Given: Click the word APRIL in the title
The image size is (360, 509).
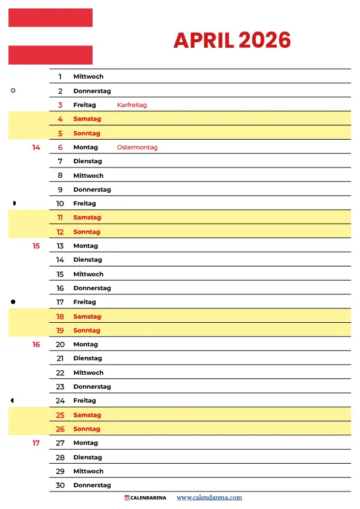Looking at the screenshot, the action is click(204, 41).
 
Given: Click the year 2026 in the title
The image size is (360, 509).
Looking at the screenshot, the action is click(264, 41).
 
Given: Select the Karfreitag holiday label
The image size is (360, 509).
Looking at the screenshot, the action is click(132, 105).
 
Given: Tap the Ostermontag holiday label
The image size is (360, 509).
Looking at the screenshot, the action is click(137, 148).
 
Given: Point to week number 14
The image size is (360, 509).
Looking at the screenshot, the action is click(36, 148).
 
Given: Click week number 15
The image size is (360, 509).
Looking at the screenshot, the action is click(36, 246).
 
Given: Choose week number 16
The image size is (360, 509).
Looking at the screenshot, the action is click(36, 345).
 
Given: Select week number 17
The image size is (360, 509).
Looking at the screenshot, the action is click(36, 443).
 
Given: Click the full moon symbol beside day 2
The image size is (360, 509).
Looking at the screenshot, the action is click(13, 91).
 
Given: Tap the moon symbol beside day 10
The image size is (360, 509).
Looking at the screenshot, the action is click(14, 203).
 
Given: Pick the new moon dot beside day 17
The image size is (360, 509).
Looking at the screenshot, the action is click(13, 302).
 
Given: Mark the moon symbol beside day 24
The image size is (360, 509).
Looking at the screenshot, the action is click(13, 400).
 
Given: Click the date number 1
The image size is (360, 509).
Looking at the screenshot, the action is click(60, 77).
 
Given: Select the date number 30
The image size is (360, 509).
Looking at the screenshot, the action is click(60, 485).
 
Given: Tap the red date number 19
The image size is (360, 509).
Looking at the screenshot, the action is click(60, 331).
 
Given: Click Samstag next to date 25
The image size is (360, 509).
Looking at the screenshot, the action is click(87, 415).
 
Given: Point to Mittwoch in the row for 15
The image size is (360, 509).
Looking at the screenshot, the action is click(88, 274).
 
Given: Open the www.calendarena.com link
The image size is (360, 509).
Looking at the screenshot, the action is click(209, 498).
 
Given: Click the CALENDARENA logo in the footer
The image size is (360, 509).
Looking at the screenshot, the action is click(145, 498).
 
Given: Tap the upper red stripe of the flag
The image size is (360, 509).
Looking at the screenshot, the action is click(50, 18).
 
